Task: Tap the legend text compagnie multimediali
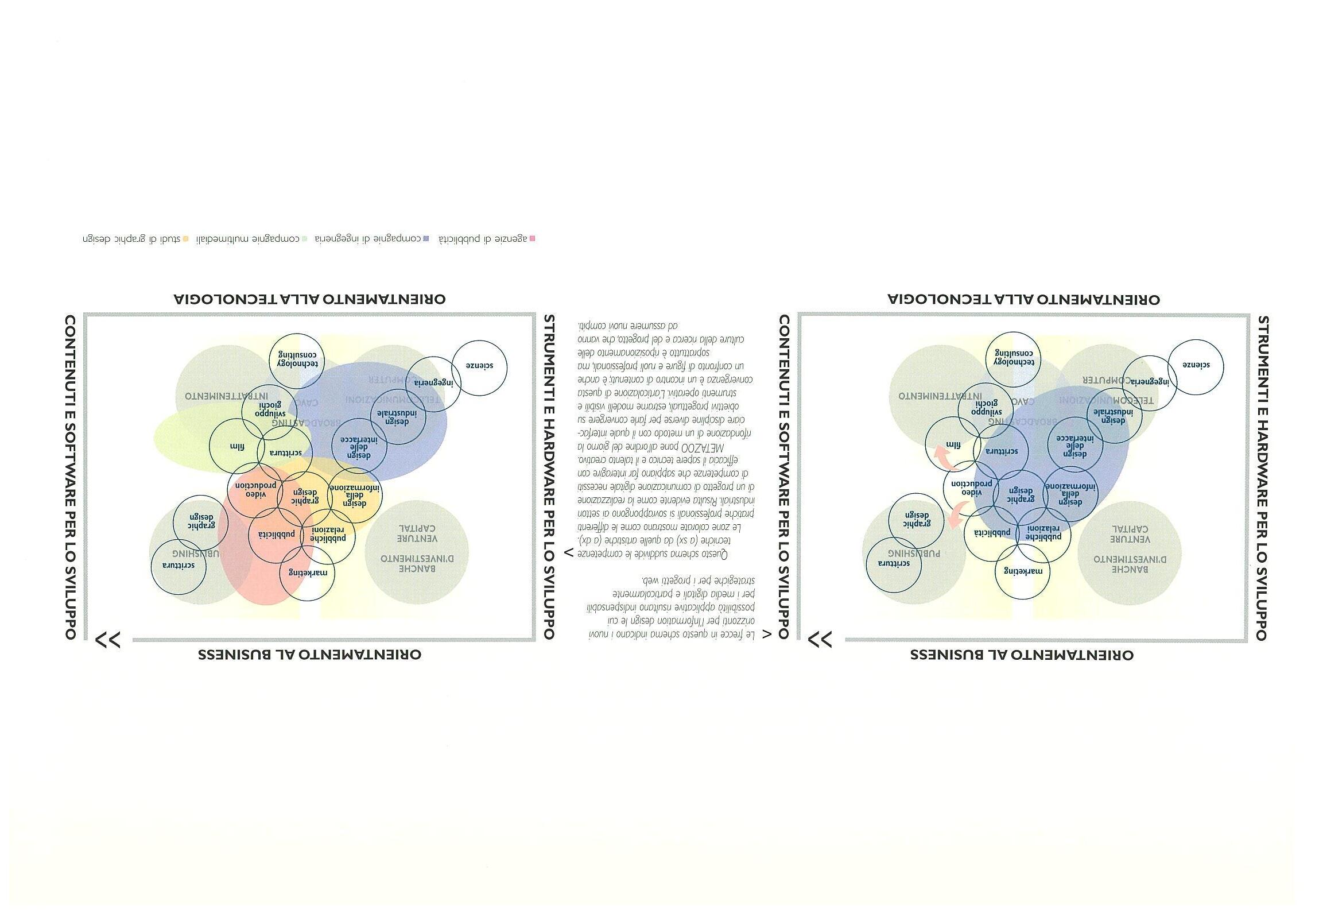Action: coord(248,238)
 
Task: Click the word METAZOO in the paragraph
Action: coord(703,447)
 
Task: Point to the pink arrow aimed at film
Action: coord(942,458)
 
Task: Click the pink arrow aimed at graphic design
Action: coord(955,514)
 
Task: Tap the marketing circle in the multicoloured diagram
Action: coord(308,572)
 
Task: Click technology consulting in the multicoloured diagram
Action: coord(297,360)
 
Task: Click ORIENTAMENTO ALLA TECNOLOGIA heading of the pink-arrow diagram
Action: coord(1023,299)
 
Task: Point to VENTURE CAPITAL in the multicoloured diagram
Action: coord(417,533)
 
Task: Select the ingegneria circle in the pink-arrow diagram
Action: coord(1150,381)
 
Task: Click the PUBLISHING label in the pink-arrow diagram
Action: coord(914,553)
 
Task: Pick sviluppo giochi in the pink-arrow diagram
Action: coord(986,408)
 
